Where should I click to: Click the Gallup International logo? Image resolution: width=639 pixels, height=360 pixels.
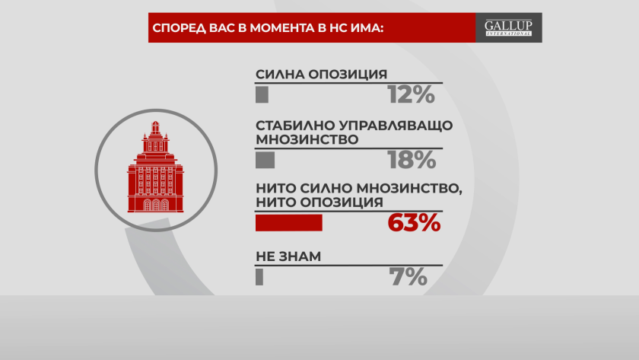(x=508, y=27)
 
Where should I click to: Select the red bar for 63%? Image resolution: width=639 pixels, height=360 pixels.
(x=289, y=223)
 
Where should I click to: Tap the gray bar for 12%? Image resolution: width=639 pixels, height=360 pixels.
(x=262, y=94)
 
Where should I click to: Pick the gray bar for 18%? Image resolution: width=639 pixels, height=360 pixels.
(x=265, y=160)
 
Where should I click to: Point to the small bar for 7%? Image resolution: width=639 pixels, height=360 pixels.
(x=259, y=277)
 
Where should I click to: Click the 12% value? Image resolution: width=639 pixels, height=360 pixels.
(x=411, y=94)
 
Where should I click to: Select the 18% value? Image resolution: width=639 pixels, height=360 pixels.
(x=412, y=160)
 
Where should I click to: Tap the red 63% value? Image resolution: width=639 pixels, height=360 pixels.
(x=414, y=223)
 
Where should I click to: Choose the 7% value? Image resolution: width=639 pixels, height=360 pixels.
(x=408, y=277)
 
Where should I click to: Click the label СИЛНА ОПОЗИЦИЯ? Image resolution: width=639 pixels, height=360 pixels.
(x=321, y=74)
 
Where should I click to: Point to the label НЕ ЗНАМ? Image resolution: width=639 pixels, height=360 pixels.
(x=288, y=256)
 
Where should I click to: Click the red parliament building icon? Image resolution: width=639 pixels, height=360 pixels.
(x=156, y=167)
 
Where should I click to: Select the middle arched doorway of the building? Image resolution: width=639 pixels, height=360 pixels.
(x=156, y=205)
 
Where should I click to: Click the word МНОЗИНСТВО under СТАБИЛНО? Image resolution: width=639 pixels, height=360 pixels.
(x=307, y=139)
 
